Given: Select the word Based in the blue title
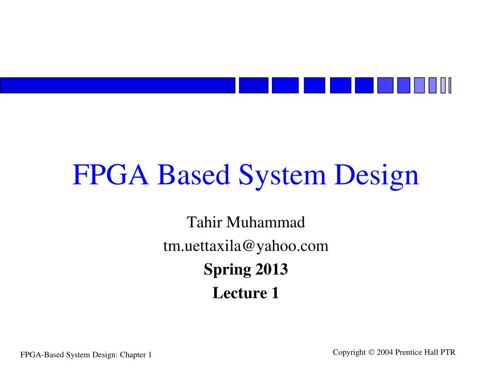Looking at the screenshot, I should click(x=193, y=175).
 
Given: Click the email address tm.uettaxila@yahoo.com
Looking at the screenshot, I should click(x=246, y=246).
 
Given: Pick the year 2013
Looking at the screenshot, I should click(x=271, y=270).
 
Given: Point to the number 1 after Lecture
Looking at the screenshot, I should click(x=275, y=293).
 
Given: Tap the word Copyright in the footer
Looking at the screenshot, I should click(x=349, y=353).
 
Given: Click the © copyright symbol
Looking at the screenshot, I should click(x=371, y=353).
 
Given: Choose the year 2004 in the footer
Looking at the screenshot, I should click(x=385, y=353).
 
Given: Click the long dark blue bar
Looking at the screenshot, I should click(x=118, y=85).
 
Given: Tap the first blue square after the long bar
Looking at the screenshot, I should click(x=253, y=85).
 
